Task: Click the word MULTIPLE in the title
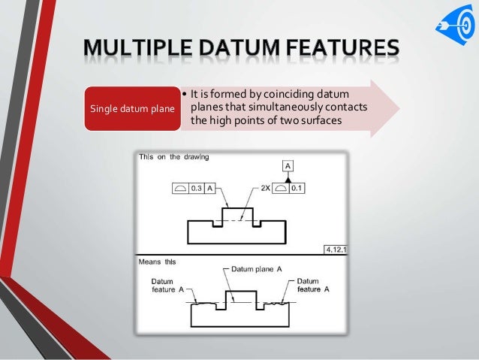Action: tap(142, 52)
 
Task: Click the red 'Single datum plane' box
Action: tap(132, 107)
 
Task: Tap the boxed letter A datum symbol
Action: tap(288, 165)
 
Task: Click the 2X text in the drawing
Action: tap(264, 188)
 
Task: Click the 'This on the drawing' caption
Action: tap(173, 157)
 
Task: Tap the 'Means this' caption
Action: tap(156, 263)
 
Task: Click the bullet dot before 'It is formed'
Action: tap(185, 94)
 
